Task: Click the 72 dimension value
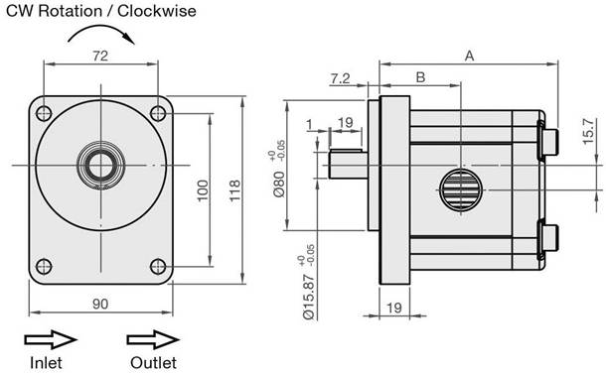click(100, 56)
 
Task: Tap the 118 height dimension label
click(234, 190)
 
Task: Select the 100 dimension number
click(202, 190)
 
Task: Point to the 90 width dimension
click(100, 304)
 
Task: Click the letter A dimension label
click(469, 57)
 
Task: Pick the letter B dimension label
click(420, 77)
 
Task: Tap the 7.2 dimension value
click(340, 78)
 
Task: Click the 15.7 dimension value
click(588, 131)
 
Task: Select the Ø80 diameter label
click(279, 184)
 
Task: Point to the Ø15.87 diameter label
click(308, 297)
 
